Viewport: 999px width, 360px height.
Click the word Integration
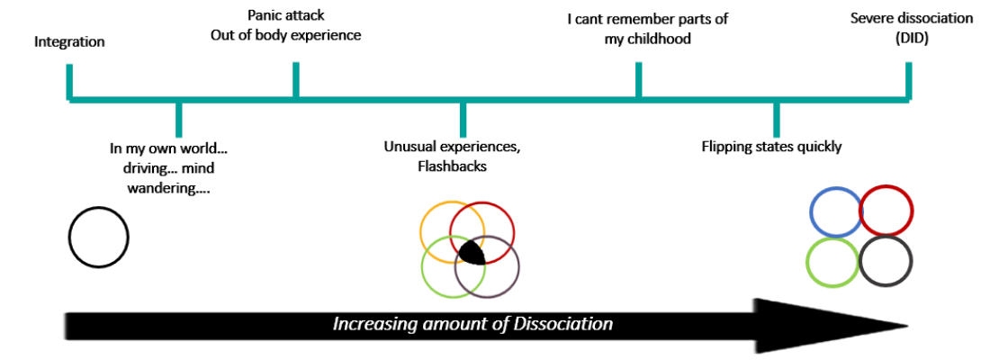(69, 41)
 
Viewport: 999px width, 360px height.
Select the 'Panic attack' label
(285, 15)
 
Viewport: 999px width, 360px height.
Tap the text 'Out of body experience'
(285, 35)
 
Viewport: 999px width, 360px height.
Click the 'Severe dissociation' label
(911, 18)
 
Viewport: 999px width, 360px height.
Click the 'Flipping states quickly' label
(771, 146)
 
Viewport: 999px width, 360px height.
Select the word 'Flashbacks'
(452, 166)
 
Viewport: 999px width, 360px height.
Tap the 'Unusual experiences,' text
(452, 146)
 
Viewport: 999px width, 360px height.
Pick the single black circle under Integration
(98, 237)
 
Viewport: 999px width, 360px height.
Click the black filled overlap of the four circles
(470, 252)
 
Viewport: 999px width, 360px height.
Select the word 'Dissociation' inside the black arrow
(563, 324)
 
